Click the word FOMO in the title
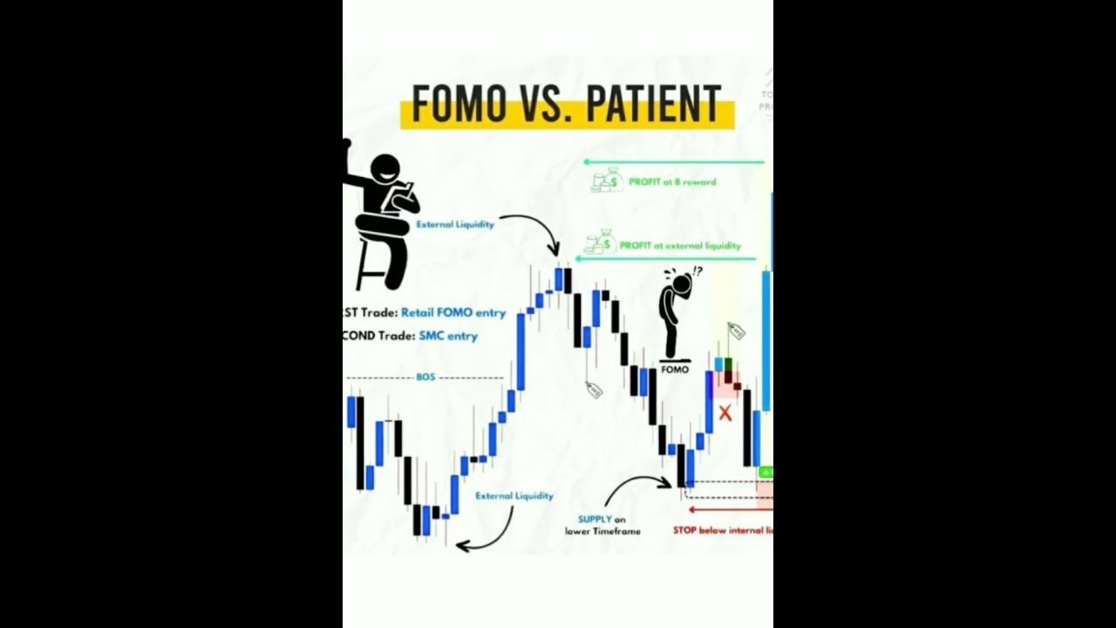click(x=459, y=105)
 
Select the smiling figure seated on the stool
click(x=384, y=218)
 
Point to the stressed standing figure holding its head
click(x=676, y=314)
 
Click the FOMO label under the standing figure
click(x=675, y=369)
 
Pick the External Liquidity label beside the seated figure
click(x=455, y=224)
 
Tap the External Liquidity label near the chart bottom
click(x=514, y=495)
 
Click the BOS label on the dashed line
click(x=425, y=378)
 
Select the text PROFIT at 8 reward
click(x=672, y=182)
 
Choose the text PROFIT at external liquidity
click(x=680, y=246)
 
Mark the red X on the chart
click(x=725, y=413)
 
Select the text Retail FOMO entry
click(x=453, y=312)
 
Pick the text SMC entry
click(x=448, y=336)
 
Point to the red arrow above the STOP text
click(x=724, y=509)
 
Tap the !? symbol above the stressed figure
click(x=697, y=271)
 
